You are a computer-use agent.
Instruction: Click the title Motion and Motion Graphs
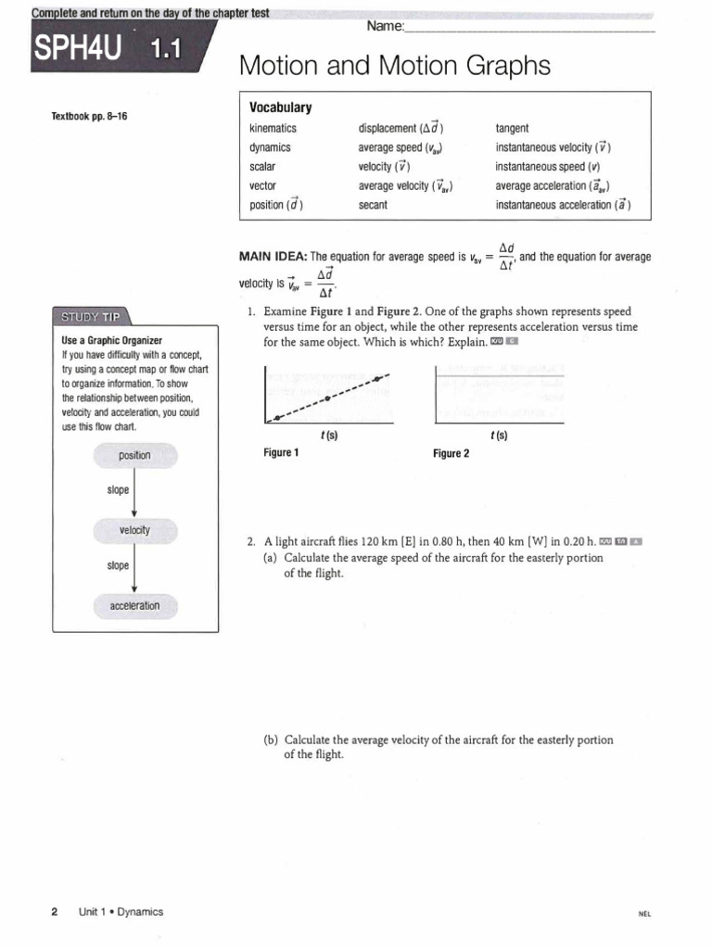[x=394, y=66]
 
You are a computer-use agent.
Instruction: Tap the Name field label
[x=385, y=26]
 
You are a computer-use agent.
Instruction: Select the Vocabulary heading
[x=281, y=108]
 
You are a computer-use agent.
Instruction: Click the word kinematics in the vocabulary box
[x=273, y=128]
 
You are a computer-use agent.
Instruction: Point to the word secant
[x=372, y=205]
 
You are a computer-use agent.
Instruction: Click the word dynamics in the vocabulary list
[x=271, y=147]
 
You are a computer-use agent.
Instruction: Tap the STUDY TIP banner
[x=91, y=316]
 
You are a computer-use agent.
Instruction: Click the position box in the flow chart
[x=134, y=455]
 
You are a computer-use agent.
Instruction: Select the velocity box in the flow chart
[x=134, y=530]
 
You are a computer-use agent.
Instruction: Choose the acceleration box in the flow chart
[x=134, y=605]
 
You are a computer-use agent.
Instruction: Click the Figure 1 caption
[x=281, y=453]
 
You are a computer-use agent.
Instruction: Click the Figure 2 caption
[x=451, y=453]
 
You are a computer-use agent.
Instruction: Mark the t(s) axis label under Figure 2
[x=498, y=435]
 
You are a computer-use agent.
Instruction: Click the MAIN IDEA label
[x=273, y=257]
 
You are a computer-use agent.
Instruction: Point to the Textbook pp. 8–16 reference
[x=89, y=117]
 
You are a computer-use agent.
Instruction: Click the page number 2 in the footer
[x=54, y=911]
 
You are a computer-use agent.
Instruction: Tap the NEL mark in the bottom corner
[x=645, y=913]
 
